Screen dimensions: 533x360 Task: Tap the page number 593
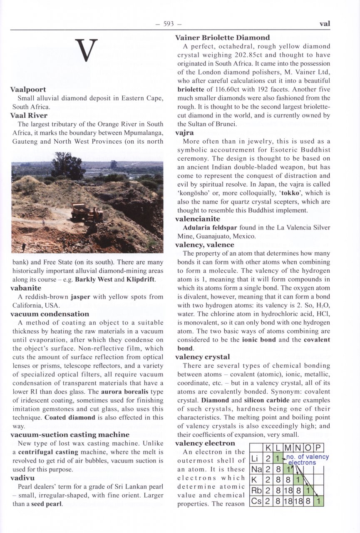169,24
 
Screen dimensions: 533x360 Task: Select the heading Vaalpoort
28,90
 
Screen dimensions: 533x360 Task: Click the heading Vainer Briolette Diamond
222,37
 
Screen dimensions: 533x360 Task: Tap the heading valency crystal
202,357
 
